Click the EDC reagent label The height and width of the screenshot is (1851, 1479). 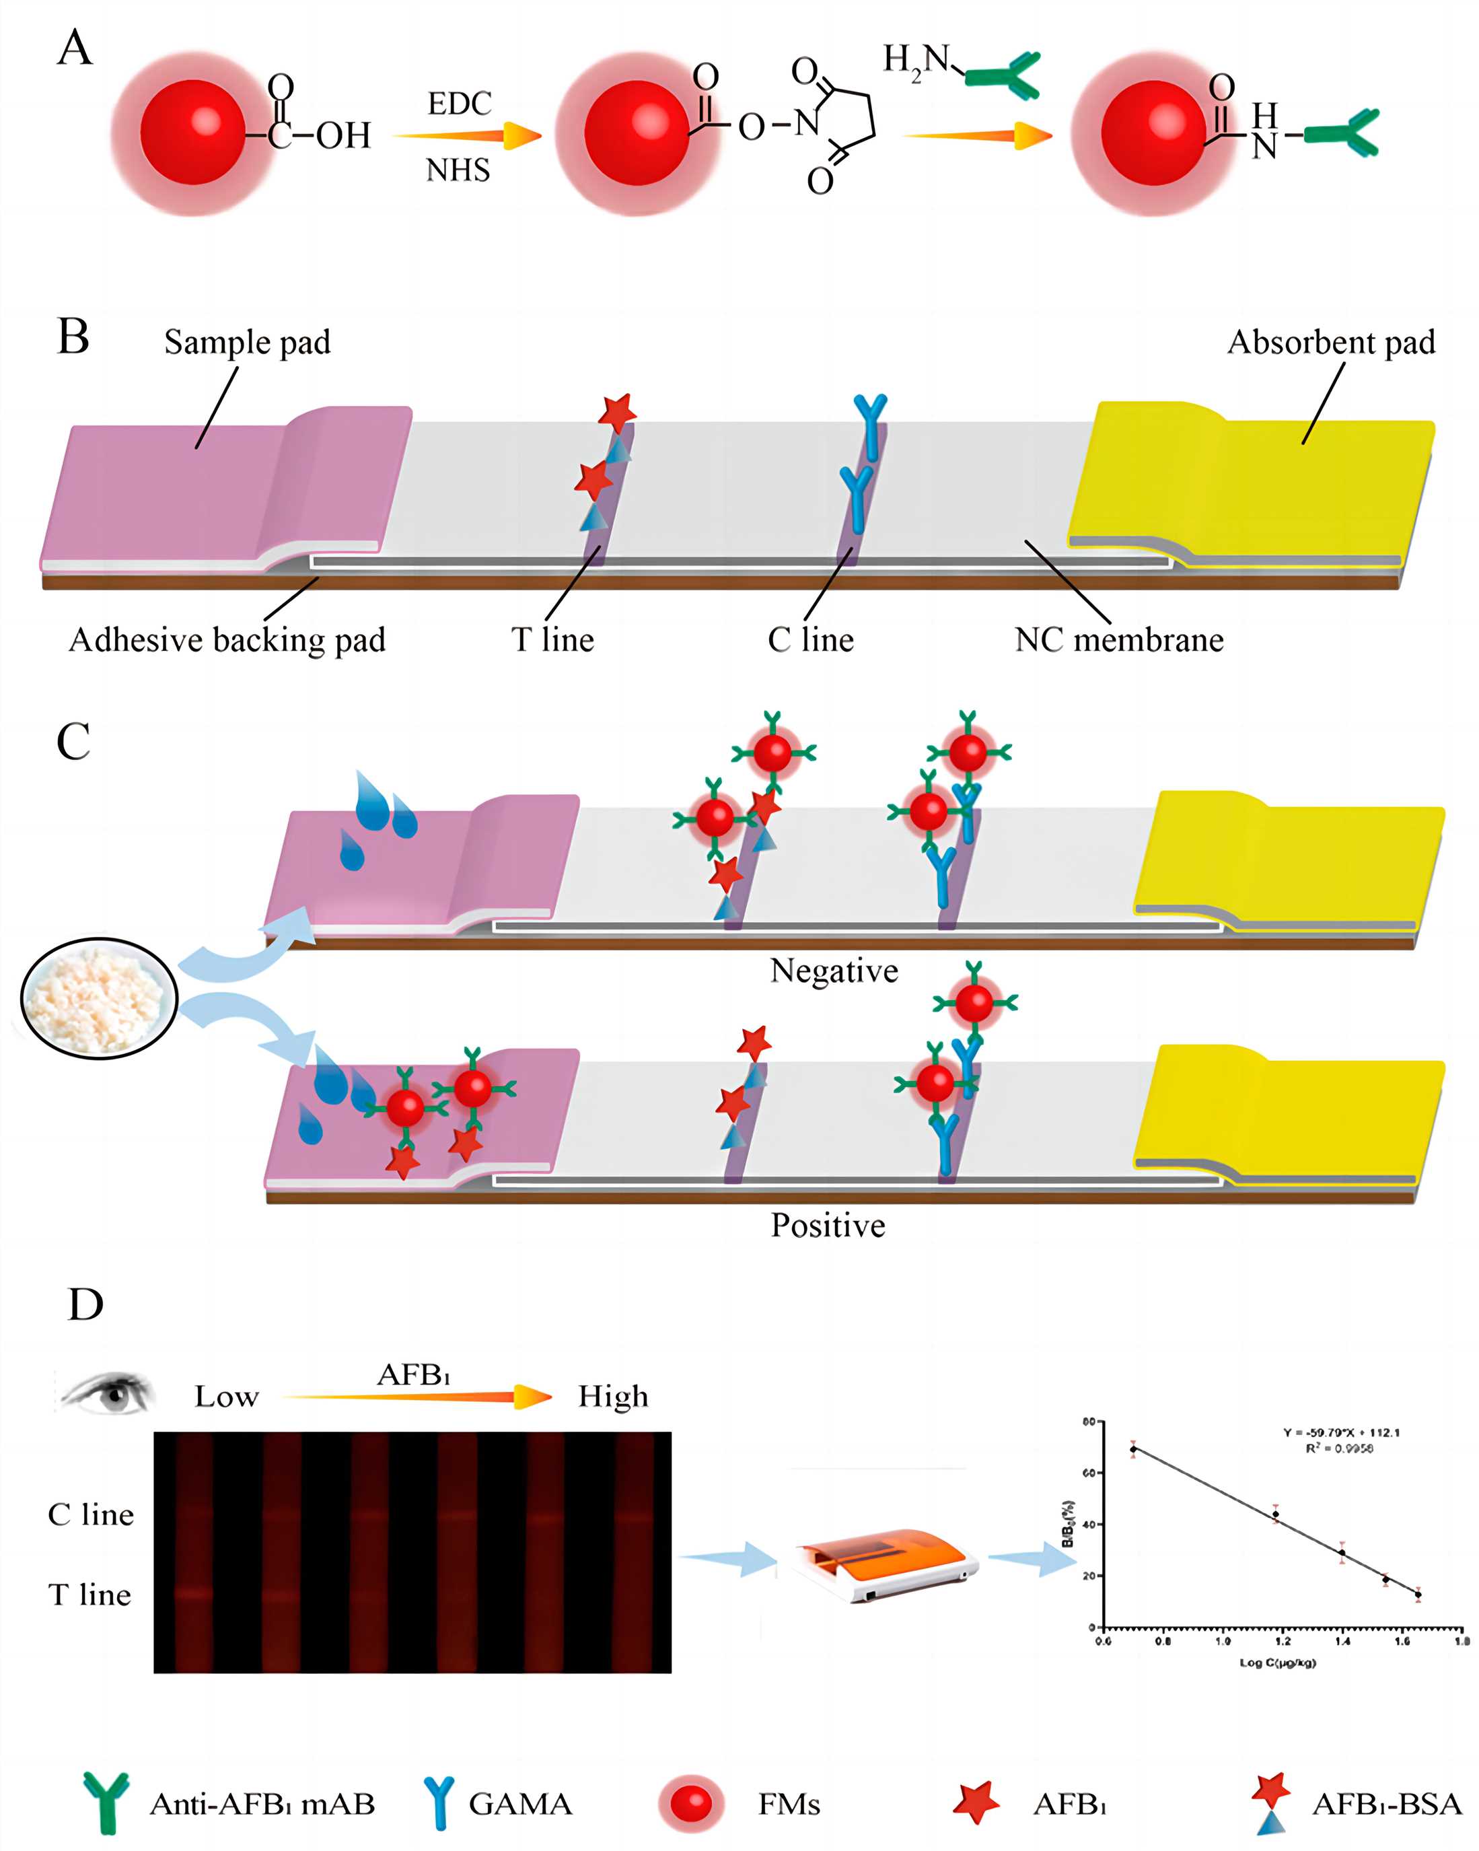pos(459,104)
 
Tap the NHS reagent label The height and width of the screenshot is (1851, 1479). pos(458,170)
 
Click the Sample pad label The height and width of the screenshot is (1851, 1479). pos(247,342)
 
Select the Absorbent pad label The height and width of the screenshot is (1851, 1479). pos(1330,342)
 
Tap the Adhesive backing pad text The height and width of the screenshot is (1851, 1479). pos(227,639)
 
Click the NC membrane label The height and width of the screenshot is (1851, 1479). pos(1118,639)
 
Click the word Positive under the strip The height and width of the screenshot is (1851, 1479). pos(828,1225)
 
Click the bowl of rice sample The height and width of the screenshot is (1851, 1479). pos(99,998)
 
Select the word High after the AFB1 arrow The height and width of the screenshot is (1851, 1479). pos(613,1396)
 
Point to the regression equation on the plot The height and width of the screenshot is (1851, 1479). pos(1341,1432)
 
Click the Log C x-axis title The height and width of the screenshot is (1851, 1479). pos(1277,1663)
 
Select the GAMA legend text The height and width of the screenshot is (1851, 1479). pos(520,1804)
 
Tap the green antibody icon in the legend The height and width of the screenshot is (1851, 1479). pos(106,1803)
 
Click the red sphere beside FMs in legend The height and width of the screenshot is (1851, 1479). pos(692,1803)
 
